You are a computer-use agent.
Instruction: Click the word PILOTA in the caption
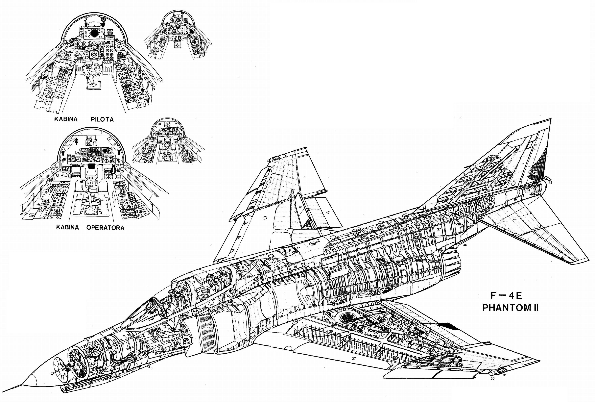[x=102, y=119]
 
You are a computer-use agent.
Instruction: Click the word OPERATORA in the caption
[x=105, y=228]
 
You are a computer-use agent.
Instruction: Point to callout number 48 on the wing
[x=300, y=207]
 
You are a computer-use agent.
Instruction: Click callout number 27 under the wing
[x=354, y=358]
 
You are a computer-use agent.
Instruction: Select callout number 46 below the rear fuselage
[x=465, y=245]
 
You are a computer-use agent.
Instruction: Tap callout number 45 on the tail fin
[x=535, y=145]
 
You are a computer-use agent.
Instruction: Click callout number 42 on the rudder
[x=535, y=173]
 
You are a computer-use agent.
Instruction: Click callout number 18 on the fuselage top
[x=289, y=250]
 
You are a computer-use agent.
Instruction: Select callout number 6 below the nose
[x=151, y=368]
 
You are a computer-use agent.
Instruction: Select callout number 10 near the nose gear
[x=188, y=342]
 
